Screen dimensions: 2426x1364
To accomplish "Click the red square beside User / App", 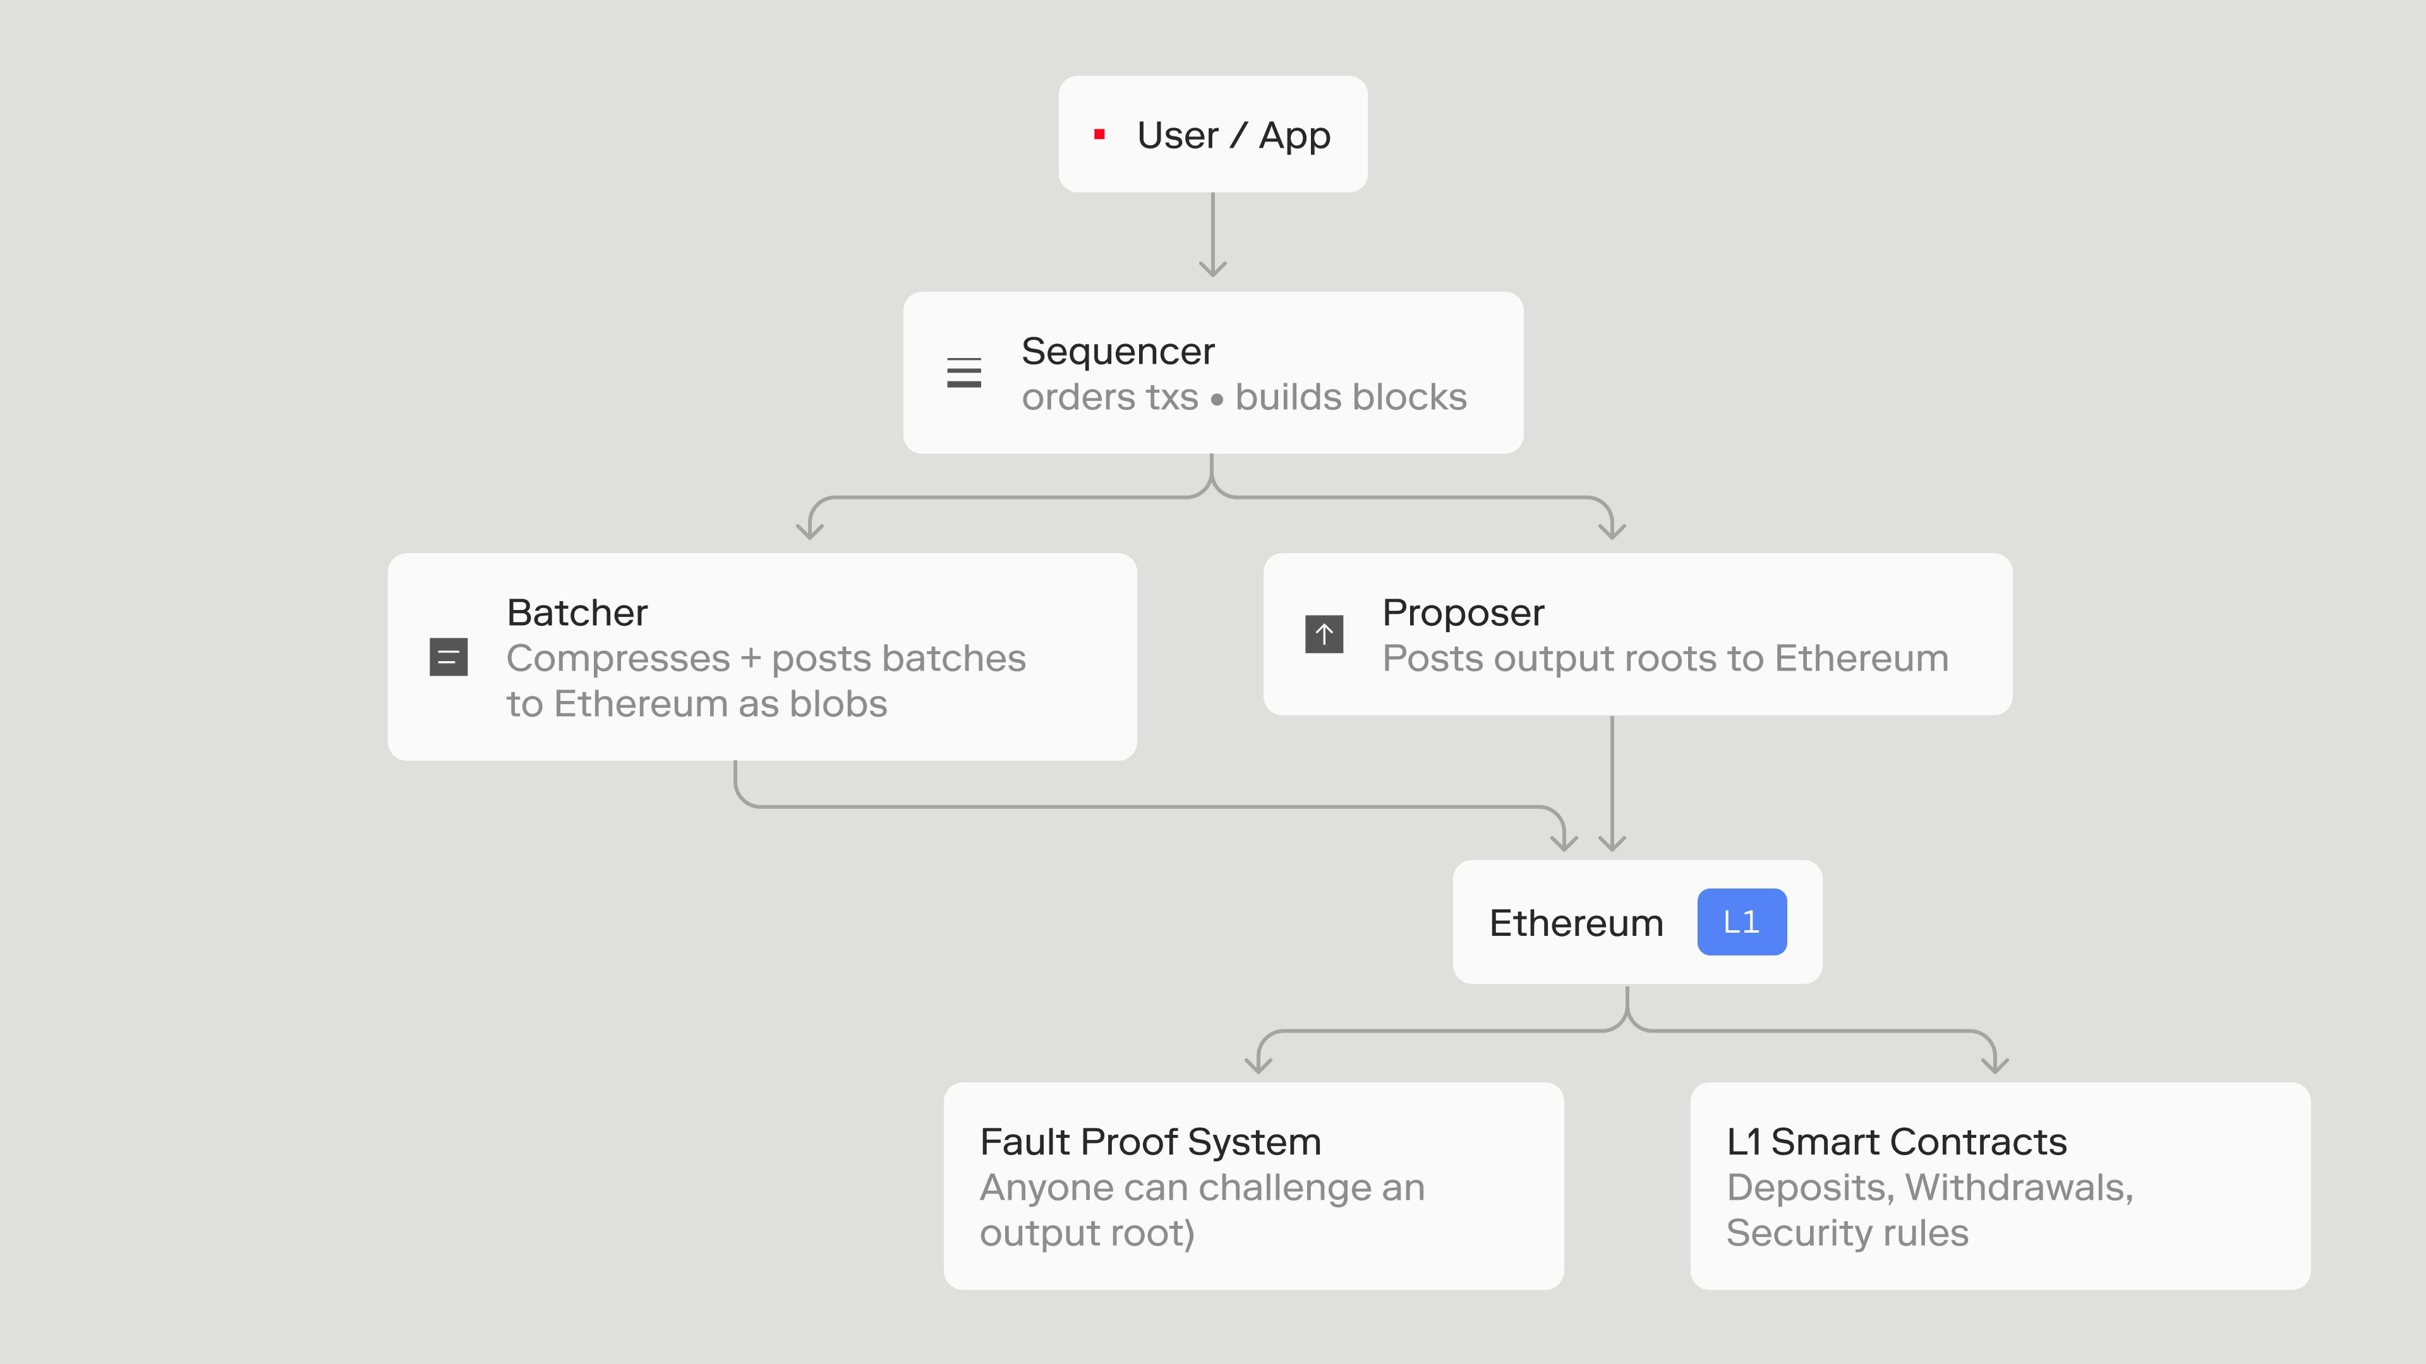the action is pos(1099,135).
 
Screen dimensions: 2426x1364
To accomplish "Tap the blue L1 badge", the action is pos(1741,921).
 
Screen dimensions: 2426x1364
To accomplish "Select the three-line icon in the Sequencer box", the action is pos(963,373).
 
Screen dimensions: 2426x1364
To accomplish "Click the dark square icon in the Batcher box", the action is pos(449,657).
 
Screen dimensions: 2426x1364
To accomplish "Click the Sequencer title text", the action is pos(1118,351).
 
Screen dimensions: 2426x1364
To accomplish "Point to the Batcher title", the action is pos(577,613).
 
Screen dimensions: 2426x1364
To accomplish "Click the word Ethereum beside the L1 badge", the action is pos(1576,923).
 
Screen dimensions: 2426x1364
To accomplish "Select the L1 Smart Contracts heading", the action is pos(1897,1142).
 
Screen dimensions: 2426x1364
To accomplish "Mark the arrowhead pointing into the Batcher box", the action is pos(810,529).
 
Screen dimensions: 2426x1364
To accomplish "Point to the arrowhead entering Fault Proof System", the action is pos(1258,1063).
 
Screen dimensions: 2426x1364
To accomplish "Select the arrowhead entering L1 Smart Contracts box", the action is pos(1995,1063).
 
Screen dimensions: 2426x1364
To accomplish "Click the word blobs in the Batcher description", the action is pos(838,703).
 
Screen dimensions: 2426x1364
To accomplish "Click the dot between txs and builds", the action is pos(1217,399).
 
